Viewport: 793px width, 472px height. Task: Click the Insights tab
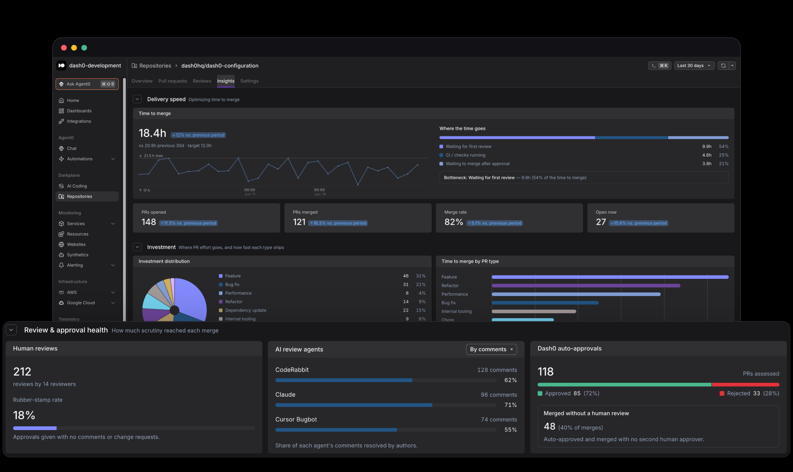226,81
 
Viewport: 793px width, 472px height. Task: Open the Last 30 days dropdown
694,66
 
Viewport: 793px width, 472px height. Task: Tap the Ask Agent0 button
87,84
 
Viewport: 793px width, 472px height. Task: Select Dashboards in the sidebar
79,111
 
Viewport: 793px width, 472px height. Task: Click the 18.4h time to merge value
152,133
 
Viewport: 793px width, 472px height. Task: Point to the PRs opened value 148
149,222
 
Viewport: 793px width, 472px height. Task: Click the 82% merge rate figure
453,222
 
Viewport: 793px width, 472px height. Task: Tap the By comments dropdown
491,349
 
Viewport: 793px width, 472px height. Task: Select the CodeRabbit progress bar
386,380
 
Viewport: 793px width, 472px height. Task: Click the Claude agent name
285,395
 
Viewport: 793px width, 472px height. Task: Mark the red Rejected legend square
722,394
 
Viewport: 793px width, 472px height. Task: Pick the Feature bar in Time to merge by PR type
610,277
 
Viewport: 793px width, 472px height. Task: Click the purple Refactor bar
586,286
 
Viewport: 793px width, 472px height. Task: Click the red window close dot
64,48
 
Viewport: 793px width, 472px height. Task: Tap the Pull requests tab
173,81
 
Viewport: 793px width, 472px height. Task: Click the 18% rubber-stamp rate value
24,415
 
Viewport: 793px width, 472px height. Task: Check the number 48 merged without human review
549,427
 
